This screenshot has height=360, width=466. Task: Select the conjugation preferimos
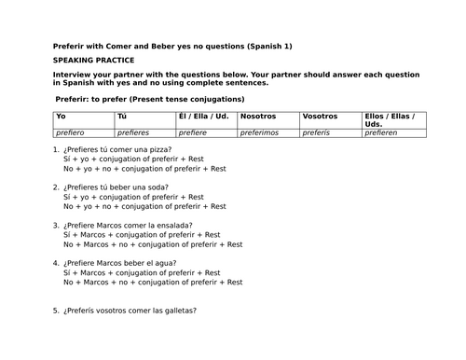point(264,132)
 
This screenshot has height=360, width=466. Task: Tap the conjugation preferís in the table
point(318,132)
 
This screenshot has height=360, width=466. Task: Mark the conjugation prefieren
point(382,132)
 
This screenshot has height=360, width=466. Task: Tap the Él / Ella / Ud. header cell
point(203,118)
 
